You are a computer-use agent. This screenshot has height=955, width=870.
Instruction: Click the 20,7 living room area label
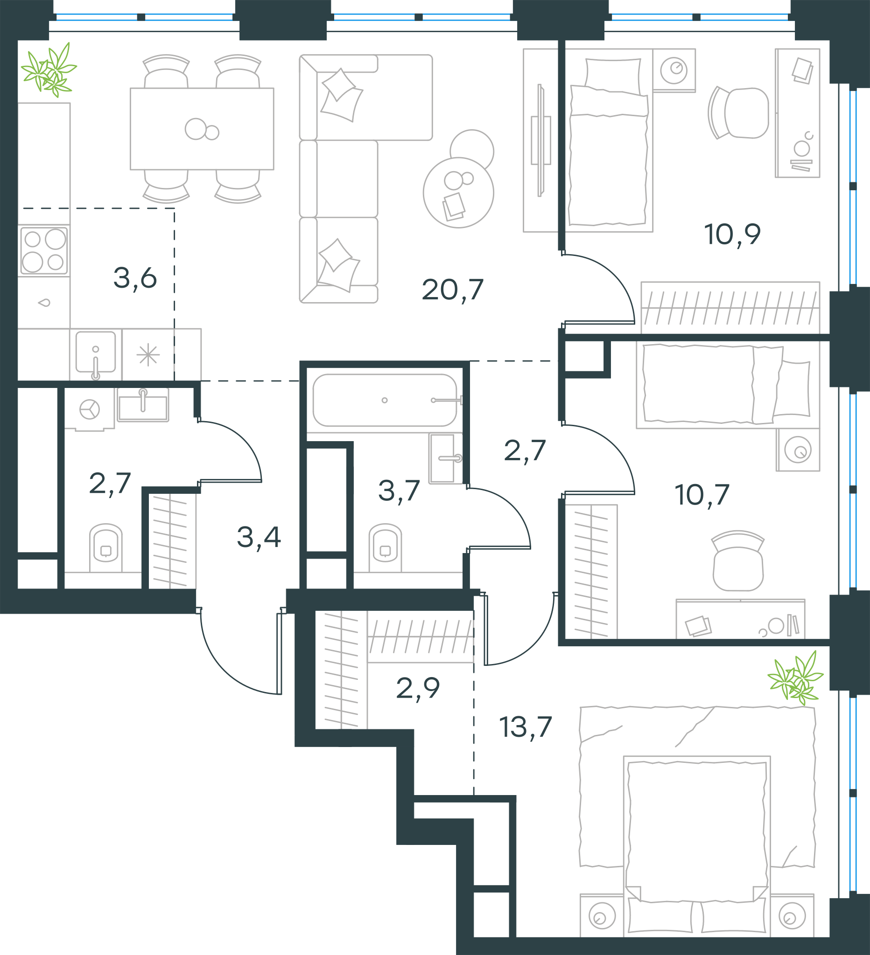(x=452, y=290)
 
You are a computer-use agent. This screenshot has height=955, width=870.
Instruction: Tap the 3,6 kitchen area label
(x=135, y=278)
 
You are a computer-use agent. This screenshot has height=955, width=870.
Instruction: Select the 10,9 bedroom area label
(x=732, y=235)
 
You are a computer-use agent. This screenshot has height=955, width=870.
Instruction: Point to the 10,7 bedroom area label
(x=702, y=495)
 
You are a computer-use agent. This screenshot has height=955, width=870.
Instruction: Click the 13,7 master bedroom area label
(x=526, y=727)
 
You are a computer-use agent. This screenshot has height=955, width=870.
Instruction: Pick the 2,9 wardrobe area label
(x=418, y=688)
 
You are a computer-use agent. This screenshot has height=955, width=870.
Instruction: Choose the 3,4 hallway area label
(x=259, y=537)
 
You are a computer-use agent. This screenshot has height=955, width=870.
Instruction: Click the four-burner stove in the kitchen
(x=44, y=250)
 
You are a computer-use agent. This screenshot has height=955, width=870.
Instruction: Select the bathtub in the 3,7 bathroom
(x=385, y=400)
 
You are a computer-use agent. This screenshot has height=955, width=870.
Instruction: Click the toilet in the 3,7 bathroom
(x=385, y=547)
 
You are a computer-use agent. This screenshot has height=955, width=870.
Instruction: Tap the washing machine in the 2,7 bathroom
(x=90, y=409)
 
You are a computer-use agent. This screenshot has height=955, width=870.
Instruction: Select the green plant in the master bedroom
(x=796, y=678)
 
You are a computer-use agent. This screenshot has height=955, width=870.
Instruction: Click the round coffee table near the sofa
(x=458, y=192)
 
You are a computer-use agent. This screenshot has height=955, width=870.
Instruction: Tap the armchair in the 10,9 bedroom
(x=738, y=113)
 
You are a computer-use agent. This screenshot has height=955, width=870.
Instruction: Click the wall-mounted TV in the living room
(x=540, y=140)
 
